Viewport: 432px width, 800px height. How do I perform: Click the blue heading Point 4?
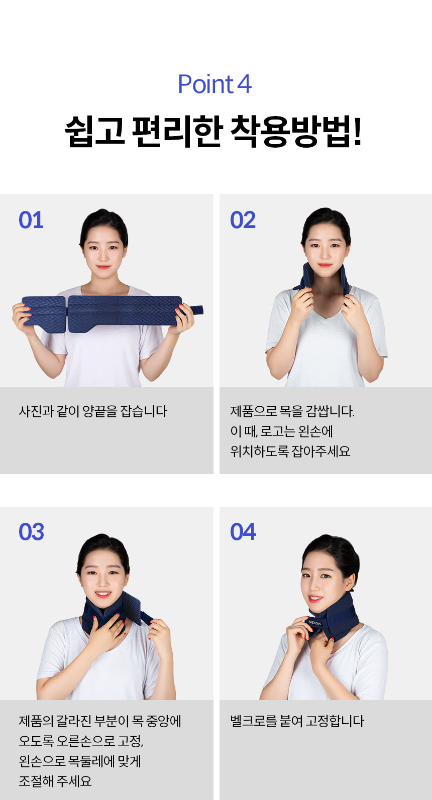click(215, 84)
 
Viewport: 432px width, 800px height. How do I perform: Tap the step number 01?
click(31, 219)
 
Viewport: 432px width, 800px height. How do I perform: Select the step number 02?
click(243, 219)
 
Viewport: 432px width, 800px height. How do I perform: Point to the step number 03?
click(32, 532)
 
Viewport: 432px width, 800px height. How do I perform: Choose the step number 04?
click(243, 532)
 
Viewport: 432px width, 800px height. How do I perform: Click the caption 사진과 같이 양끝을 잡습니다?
click(93, 411)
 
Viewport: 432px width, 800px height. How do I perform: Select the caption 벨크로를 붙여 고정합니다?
click(297, 721)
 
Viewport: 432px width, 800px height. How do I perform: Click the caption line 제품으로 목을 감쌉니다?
click(292, 411)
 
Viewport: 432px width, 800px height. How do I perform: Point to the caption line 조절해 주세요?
click(55, 781)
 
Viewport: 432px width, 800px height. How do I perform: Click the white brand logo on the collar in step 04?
click(315, 623)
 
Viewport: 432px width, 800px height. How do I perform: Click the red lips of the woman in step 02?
click(325, 265)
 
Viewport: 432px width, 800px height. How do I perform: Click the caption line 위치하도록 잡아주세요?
click(290, 451)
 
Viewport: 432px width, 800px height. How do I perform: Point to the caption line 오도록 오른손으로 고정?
click(81, 741)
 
